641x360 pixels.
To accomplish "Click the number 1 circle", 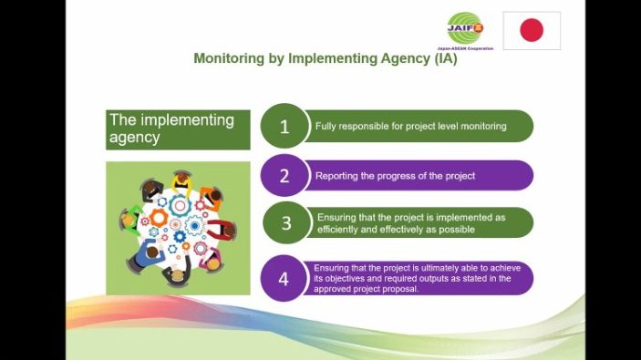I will click(x=284, y=127).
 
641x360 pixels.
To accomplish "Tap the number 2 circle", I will click(x=284, y=176).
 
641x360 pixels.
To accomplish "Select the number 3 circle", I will click(x=285, y=224).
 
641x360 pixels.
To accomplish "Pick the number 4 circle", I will click(x=284, y=279).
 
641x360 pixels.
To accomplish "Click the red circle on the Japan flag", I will click(x=532, y=30).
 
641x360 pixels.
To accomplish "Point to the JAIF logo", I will click(x=469, y=28).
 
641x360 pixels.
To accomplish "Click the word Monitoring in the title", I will click(x=227, y=58).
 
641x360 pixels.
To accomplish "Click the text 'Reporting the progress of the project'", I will click(x=395, y=176).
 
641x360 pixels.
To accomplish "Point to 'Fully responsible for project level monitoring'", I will click(x=410, y=126).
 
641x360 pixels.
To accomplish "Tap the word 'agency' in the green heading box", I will click(x=135, y=138).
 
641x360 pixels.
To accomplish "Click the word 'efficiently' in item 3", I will click(x=338, y=230).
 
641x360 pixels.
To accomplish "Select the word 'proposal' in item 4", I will click(x=399, y=289).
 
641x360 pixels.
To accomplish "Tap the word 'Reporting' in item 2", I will click(x=336, y=176).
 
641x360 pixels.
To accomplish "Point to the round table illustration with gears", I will click(x=178, y=228).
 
